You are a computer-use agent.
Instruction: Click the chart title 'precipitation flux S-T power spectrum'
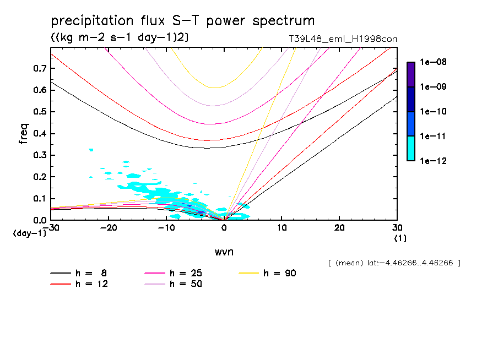183,21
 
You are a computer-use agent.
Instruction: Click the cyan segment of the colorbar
411,148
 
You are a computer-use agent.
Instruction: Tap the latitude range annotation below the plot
394,263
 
